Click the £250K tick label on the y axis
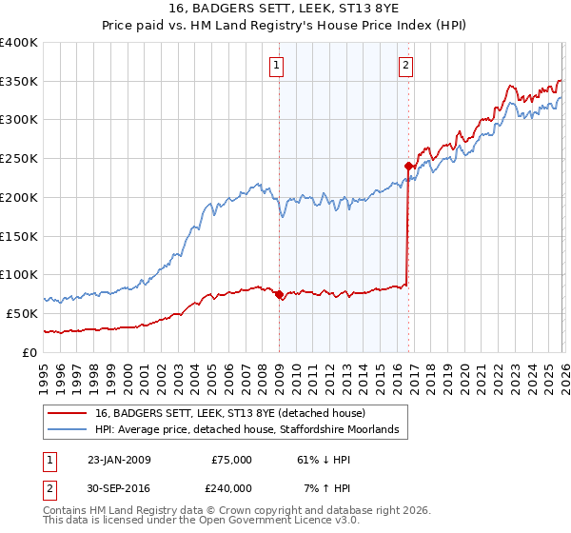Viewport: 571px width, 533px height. tap(19, 159)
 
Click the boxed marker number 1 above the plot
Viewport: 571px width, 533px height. tap(277, 66)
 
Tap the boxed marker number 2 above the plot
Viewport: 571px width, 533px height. tap(406, 66)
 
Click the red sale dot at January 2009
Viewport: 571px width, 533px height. tap(279, 295)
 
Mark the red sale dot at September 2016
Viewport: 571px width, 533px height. tap(408, 167)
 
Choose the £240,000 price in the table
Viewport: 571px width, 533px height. tap(232, 487)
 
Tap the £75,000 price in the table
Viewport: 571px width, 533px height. tap(232, 460)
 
